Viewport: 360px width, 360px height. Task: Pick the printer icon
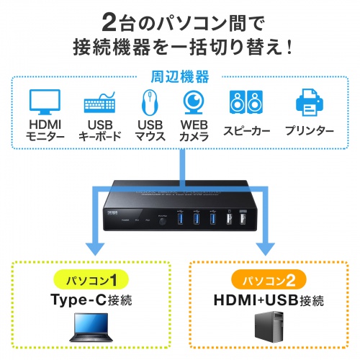click(310, 102)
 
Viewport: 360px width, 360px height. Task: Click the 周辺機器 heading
click(180, 75)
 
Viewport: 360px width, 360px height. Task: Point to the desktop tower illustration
click(268, 329)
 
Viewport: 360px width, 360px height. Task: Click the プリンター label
click(310, 130)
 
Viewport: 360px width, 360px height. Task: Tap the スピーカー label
click(246, 130)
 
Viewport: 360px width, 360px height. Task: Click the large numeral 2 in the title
click(107, 19)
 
